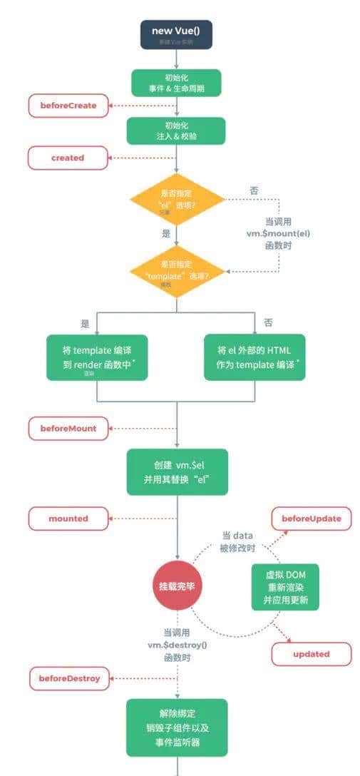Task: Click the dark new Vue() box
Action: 176,34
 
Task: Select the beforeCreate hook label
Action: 68,106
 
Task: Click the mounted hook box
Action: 68,519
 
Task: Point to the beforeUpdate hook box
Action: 311,519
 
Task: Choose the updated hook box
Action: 311,653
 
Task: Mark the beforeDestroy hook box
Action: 69,678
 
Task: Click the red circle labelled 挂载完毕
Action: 176,586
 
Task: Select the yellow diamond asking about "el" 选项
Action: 176,199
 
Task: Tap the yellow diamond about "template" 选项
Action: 176,271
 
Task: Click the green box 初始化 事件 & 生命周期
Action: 176,83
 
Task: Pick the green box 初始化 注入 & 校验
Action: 176,131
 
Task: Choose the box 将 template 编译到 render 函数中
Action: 97,357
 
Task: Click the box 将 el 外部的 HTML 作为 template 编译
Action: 254,357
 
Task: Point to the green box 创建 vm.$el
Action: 177,471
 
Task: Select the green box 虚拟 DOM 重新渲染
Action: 284,586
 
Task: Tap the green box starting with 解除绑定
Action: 177,727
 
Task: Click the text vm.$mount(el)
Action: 278,233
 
